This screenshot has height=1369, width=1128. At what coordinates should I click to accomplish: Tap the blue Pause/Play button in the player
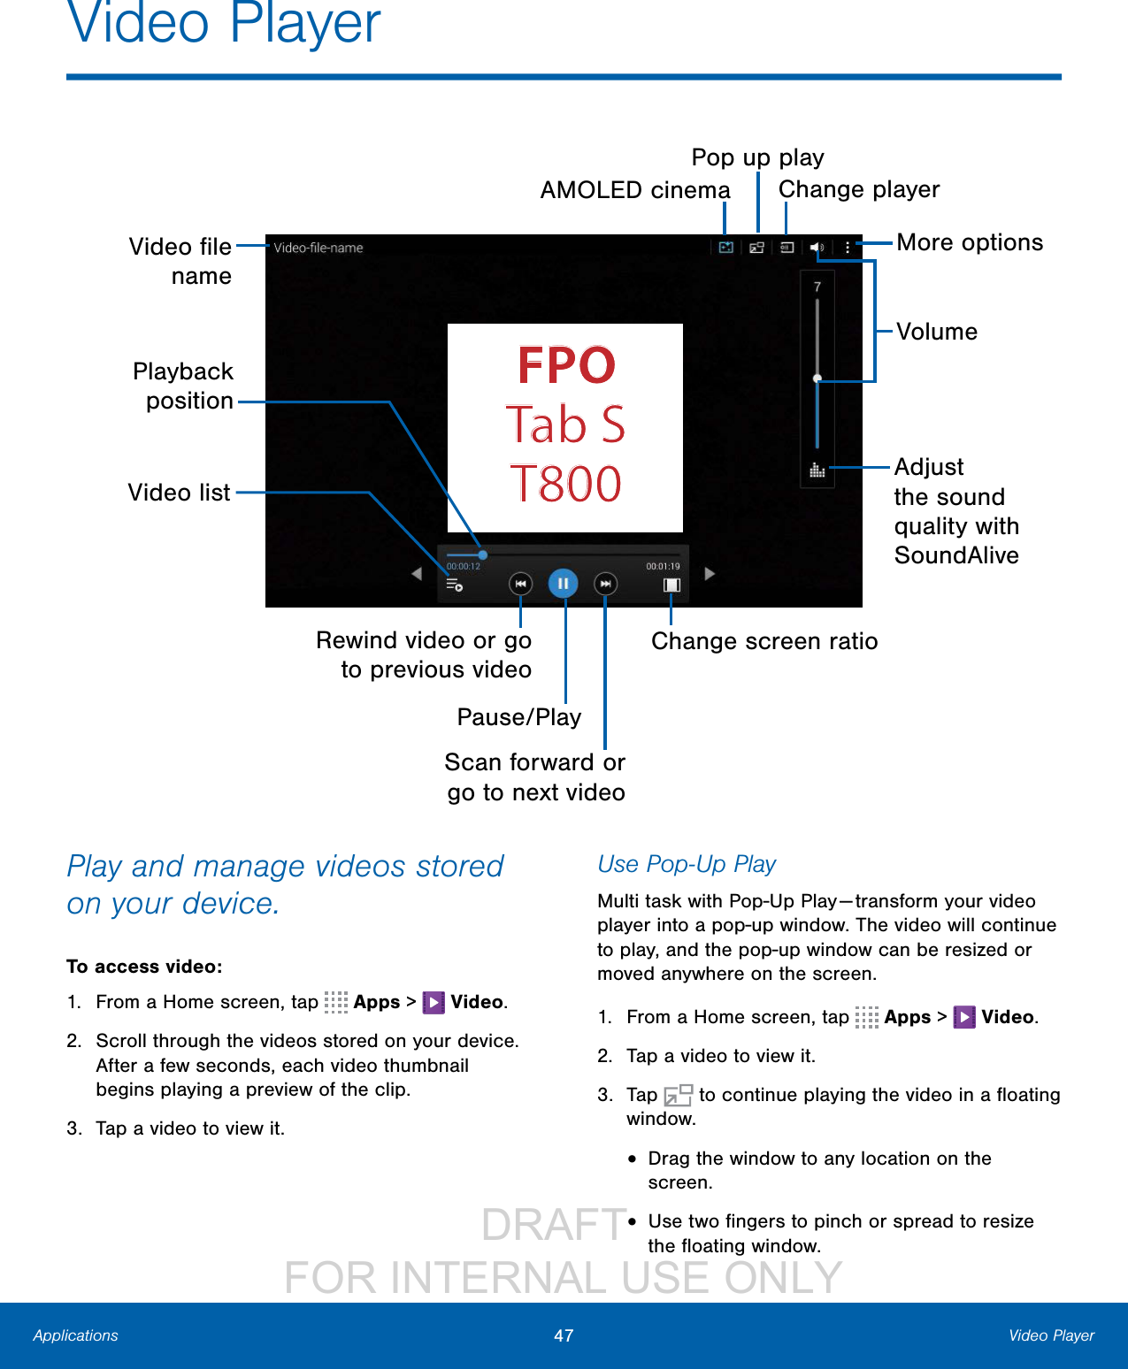(563, 584)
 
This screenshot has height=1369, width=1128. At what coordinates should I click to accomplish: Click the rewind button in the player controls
(520, 584)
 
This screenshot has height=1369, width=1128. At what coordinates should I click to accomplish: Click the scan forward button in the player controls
(605, 584)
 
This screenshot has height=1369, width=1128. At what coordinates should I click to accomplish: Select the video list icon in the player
(454, 585)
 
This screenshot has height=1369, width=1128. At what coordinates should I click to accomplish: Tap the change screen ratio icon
(671, 585)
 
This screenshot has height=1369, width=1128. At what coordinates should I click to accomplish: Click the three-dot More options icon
(848, 248)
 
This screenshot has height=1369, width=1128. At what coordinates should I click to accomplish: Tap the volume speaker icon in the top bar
(817, 248)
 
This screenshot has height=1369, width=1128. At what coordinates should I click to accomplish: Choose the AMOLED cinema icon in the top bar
(725, 248)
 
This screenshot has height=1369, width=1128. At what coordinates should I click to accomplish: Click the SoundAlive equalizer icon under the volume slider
(817, 470)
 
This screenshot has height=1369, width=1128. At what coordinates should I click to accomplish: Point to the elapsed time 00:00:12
(464, 566)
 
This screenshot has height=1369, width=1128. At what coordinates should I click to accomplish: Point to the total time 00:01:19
(663, 566)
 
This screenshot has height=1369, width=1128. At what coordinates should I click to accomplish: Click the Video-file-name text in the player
(318, 248)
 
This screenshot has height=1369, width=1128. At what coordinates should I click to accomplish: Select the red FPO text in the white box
(566, 365)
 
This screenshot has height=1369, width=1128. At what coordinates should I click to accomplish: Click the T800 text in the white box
(566, 484)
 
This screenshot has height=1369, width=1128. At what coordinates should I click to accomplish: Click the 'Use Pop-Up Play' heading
(687, 864)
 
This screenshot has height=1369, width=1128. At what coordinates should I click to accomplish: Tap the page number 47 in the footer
(564, 1335)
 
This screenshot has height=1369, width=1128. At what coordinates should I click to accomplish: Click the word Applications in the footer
(75, 1335)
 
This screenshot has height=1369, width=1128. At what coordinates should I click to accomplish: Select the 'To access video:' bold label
(144, 967)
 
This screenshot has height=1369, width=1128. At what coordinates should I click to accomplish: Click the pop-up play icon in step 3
(678, 1095)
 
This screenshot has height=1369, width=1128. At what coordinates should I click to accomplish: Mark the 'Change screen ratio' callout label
(764, 641)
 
